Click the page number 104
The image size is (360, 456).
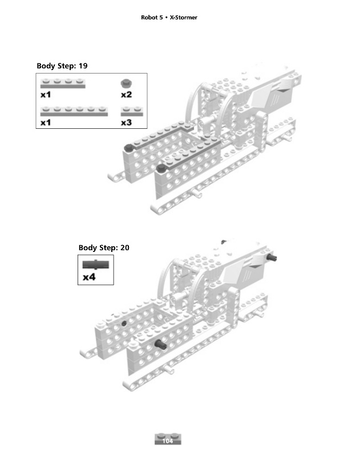tap(167, 441)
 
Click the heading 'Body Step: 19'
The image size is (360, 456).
tap(62, 66)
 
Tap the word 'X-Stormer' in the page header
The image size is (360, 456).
tap(183, 18)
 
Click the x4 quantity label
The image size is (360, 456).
tap(89, 278)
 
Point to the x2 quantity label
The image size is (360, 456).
tap(126, 95)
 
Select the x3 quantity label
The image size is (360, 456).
tap(126, 122)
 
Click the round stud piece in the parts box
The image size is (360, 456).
tap(126, 83)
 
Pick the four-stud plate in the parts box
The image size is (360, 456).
tap(63, 84)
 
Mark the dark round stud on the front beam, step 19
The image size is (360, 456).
tap(161, 168)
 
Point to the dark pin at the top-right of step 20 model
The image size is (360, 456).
tap(274, 258)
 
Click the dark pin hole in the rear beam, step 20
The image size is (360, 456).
tap(123, 323)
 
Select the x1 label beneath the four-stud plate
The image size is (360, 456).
tap(46, 95)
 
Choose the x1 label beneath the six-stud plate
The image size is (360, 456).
tap(46, 122)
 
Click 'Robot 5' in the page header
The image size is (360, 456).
tap(152, 18)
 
